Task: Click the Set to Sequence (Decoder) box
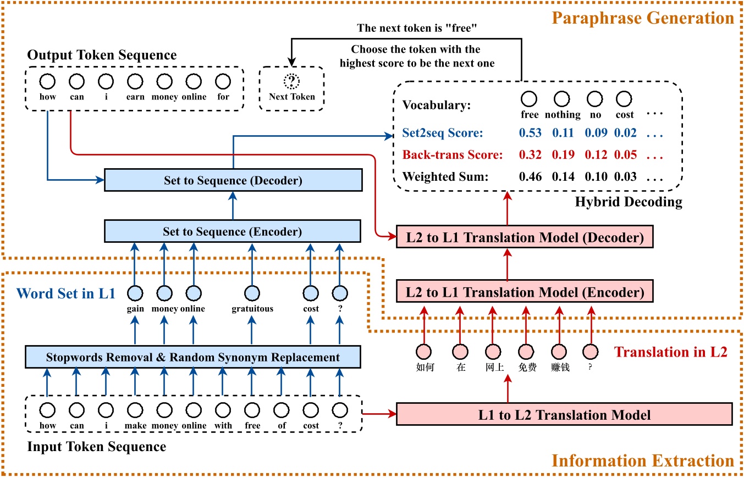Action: [x=233, y=180]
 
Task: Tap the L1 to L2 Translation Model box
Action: [x=564, y=414]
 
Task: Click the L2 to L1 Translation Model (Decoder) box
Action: [x=525, y=238]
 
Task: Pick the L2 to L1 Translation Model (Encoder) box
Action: [x=525, y=292]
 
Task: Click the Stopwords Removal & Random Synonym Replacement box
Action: [x=192, y=358]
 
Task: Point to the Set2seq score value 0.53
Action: [x=530, y=133]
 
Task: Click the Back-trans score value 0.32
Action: [x=530, y=155]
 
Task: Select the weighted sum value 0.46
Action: [x=530, y=176]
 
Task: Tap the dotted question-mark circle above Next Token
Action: [x=291, y=82]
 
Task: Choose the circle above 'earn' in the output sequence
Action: [x=135, y=82]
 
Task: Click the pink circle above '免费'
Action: [x=527, y=351]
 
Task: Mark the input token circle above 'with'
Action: [x=223, y=410]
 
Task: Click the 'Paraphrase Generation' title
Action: [x=643, y=18]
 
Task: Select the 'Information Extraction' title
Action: [x=643, y=460]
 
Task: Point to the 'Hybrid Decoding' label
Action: [x=629, y=202]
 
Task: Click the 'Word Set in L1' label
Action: [x=66, y=293]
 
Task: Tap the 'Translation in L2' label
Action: [x=670, y=352]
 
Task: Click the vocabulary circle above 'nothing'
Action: [x=562, y=99]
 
